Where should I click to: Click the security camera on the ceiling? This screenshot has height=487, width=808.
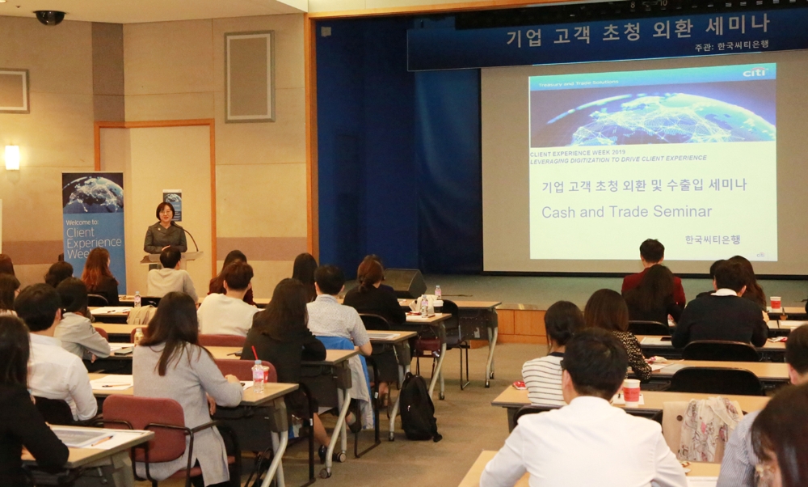49,16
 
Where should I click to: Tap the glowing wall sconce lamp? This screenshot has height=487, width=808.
12,157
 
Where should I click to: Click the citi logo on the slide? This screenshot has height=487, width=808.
755,72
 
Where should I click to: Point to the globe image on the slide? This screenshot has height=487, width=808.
652,112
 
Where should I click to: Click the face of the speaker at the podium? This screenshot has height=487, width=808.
165,213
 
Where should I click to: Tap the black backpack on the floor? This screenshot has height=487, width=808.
419,409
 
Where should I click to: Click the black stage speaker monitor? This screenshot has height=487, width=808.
405,282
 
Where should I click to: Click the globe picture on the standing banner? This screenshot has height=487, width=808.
94,193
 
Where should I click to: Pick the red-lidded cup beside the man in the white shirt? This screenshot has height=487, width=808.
631,391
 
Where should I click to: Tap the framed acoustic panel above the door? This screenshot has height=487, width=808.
250,77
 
